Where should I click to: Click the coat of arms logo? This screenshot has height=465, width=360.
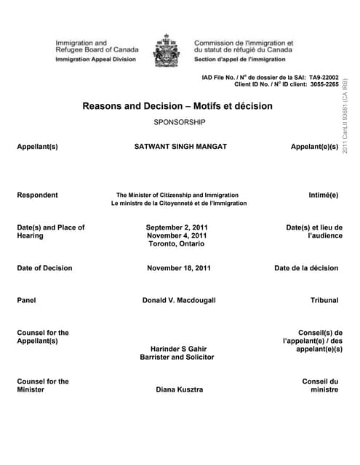[x=169, y=50]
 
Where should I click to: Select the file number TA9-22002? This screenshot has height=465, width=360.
[x=324, y=76]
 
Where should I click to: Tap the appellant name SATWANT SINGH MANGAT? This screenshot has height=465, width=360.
[x=180, y=147]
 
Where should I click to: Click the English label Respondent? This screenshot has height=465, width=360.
[x=37, y=195]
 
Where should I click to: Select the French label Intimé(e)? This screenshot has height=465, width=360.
[x=324, y=195]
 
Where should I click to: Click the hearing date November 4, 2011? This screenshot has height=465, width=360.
[x=177, y=236]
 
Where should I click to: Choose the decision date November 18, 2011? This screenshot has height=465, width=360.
[x=179, y=268]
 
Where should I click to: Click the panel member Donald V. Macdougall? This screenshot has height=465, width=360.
[x=179, y=300]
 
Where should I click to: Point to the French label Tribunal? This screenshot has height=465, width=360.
[x=324, y=300]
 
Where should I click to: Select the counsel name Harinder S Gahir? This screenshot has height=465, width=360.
[x=178, y=349]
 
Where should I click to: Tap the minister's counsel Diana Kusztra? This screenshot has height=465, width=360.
[x=179, y=389]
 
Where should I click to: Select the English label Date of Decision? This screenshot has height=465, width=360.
[x=44, y=268]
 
